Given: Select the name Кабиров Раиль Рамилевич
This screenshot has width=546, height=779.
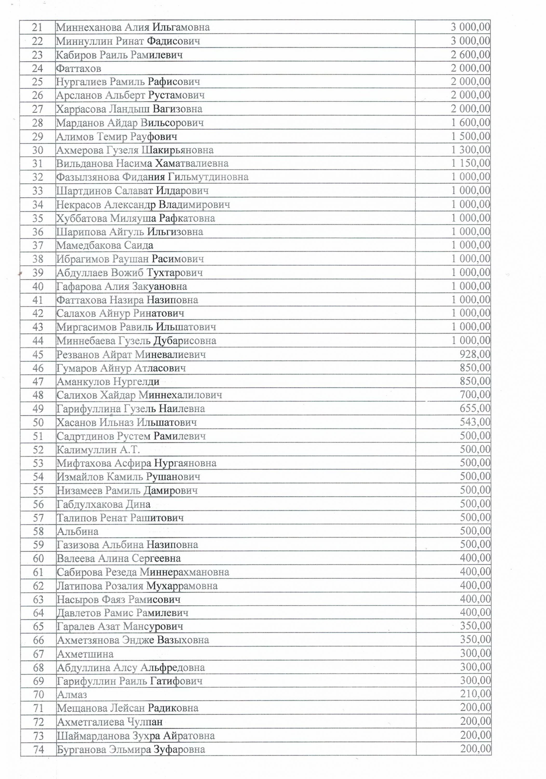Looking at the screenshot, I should tap(119, 55).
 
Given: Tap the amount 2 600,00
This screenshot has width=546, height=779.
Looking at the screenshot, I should tap(470, 55).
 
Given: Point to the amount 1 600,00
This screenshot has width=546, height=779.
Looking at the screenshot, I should tap(470, 123).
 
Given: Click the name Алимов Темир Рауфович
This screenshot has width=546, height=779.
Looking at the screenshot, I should tap(117, 136).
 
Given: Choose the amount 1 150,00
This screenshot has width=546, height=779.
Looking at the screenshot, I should tap(470, 163).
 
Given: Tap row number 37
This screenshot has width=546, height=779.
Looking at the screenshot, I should tap(38, 245).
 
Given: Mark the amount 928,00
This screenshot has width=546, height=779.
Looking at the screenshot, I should tap(475, 354).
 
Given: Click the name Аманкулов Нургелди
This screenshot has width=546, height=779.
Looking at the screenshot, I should tap(108, 381).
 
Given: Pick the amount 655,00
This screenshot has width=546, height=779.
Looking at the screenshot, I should tap(475, 408).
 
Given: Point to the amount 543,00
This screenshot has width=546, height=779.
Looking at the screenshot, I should tap(475, 422).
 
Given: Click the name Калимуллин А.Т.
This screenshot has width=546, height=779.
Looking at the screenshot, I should tap(98, 449).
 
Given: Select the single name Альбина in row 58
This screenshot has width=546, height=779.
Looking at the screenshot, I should tap(78, 531).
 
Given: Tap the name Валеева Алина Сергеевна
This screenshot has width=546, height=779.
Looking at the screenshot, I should tap(119, 558).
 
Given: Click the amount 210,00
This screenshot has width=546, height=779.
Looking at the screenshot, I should tap(475, 694).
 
